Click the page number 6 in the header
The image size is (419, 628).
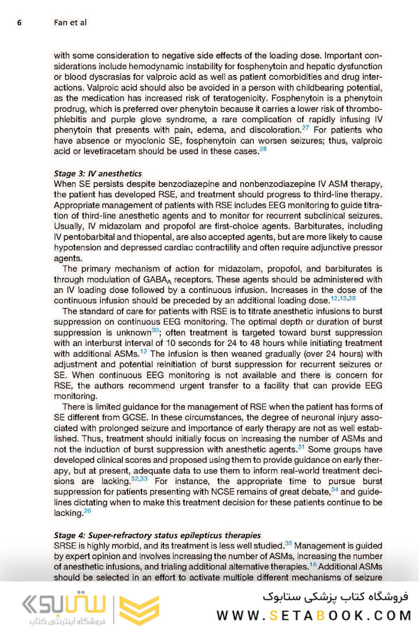(19, 23)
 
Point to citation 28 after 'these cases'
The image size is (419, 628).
(263, 149)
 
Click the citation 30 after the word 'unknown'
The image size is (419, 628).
(155, 330)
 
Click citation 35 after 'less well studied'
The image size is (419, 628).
(289, 543)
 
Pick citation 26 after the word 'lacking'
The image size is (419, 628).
(87, 511)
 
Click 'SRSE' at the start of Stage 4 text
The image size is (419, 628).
(65, 546)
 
